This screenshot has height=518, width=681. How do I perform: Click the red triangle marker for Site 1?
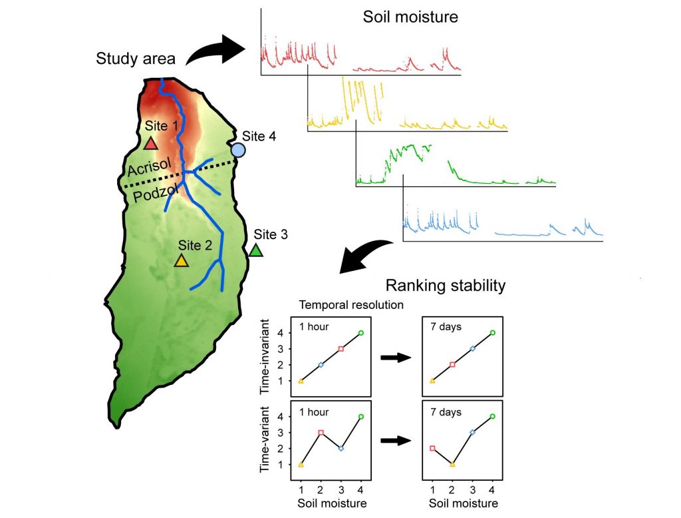[151, 143]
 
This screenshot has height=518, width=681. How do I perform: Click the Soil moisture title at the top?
[410, 17]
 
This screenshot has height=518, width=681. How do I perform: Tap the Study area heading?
[136, 59]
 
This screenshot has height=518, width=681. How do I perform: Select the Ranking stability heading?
[446, 286]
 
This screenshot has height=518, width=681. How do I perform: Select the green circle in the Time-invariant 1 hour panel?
[360, 332]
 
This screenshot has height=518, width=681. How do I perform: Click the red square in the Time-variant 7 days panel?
[433, 448]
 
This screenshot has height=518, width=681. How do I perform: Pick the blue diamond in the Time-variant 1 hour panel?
[340, 448]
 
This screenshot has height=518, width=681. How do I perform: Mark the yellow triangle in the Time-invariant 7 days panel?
[433, 381]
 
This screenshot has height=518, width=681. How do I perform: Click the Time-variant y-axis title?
[265, 439]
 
